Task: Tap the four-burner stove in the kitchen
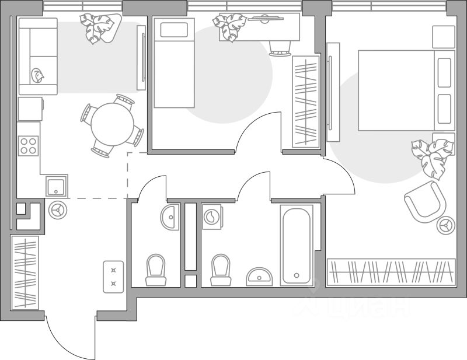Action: pyautogui.click(x=29, y=145)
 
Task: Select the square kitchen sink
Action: pyautogui.click(x=57, y=186)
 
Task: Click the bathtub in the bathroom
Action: pyautogui.click(x=297, y=244)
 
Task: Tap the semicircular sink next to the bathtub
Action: pyautogui.click(x=259, y=276)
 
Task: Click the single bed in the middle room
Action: pyautogui.click(x=173, y=63)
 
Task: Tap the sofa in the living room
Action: pyautogui.click(x=38, y=56)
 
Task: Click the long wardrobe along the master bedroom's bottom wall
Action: pyautogui.click(x=391, y=272)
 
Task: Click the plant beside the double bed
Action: pyautogui.click(x=431, y=156)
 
